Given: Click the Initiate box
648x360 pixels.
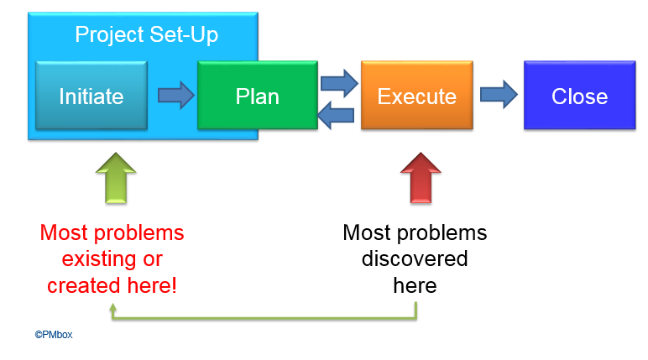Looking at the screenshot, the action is [91, 96].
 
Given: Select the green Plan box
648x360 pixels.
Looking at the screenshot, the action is [258, 96].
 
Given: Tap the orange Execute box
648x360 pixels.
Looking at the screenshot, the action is [417, 96].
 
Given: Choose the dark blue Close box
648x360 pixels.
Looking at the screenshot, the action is [580, 96].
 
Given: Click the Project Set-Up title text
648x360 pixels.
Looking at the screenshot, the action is [146, 34].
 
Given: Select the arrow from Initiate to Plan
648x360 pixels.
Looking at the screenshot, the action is [176, 96].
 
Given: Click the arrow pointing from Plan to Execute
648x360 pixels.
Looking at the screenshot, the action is [339, 83].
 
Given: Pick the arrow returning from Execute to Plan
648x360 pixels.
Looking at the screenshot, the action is [336, 115].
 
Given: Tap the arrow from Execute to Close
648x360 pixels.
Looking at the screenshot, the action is [499, 95].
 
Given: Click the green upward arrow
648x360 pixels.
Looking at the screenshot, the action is [116, 178].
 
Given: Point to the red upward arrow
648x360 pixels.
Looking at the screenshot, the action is [421, 178].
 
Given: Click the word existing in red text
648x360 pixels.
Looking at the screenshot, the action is [98, 259].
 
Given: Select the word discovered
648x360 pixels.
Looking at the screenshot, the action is [415, 258].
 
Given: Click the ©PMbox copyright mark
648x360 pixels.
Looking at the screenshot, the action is [54, 335].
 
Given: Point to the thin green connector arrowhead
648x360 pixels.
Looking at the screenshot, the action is [112, 307].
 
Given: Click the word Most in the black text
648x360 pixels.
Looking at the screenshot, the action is [367, 232].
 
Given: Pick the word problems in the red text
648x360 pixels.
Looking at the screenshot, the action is [138, 233].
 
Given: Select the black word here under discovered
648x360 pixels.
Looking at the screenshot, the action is [415, 285].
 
